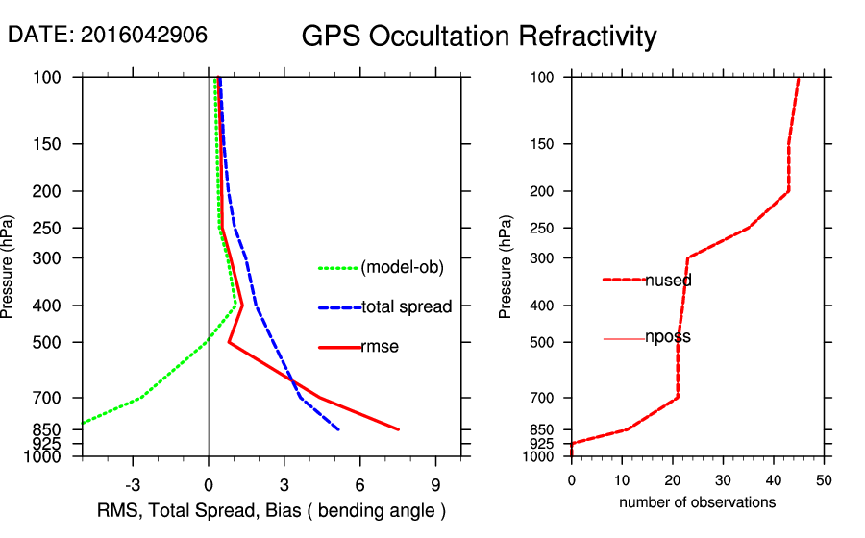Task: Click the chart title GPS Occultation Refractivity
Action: (x=479, y=37)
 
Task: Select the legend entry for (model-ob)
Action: (x=402, y=268)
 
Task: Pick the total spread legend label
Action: (x=407, y=307)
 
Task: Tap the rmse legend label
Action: (x=380, y=347)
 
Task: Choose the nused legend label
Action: (x=668, y=281)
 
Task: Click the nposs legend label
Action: (x=667, y=337)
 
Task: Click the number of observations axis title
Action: (x=697, y=502)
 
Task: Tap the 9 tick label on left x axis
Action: (x=435, y=484)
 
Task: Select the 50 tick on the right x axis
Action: (x=824, y=479)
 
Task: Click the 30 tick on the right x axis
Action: (x=723, y=479)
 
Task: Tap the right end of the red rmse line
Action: (x=398, y=429)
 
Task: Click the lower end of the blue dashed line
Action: (x=338, y=429)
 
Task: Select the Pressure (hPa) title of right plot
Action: (x=507, y=268)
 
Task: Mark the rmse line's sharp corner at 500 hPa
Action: (x=229, y=342)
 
